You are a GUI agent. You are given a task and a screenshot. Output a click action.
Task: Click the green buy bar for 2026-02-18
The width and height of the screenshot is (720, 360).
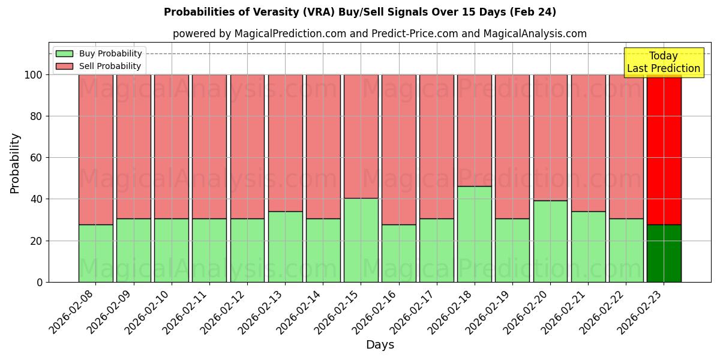474,234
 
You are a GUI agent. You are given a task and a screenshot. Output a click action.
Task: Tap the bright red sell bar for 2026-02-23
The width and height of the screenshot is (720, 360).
664,150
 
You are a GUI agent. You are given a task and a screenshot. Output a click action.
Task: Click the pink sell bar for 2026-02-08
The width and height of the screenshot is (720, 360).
95,150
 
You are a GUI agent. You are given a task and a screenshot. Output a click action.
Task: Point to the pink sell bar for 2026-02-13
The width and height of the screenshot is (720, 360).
285,143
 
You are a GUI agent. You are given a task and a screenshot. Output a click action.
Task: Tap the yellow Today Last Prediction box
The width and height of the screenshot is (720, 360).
663,63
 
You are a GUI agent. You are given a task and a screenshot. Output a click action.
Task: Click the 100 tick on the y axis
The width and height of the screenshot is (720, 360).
33,75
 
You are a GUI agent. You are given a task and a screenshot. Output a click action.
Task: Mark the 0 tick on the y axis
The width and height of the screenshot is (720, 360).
39,282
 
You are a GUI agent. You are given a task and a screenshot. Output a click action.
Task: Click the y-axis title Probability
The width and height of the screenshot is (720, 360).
15,163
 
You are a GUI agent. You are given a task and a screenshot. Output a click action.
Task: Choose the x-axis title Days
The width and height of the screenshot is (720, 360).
380,345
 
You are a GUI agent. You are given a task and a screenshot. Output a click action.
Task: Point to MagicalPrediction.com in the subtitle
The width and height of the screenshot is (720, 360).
290,34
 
